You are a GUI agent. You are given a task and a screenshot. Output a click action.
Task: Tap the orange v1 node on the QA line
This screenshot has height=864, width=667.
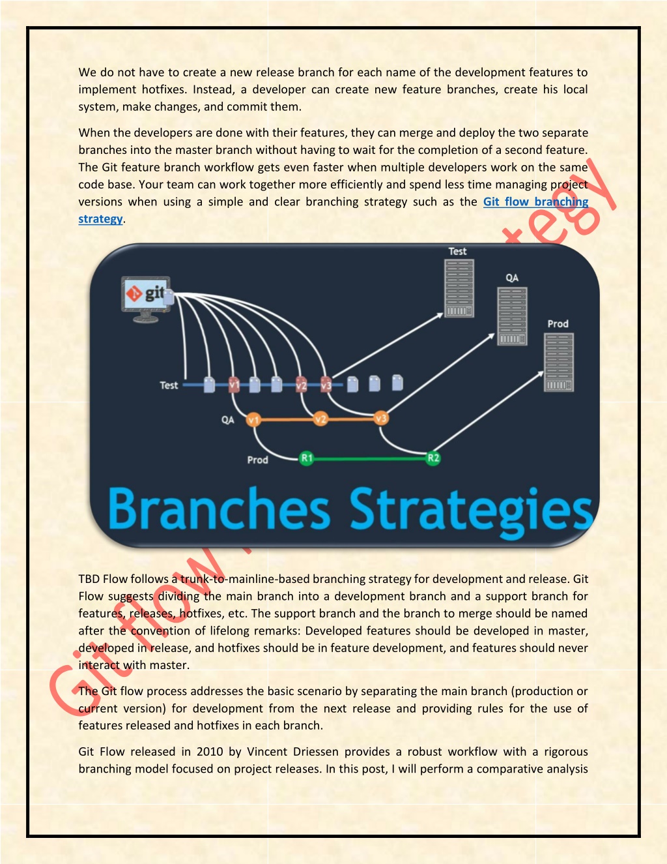pyautogui.click(x=253, y=419)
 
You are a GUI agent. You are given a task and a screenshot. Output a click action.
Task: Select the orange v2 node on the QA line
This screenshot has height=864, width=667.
pyautogui.click(x=320, y=419)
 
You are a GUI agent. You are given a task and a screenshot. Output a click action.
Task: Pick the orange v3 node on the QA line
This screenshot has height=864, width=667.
pyautogui.click(x=381, y=418)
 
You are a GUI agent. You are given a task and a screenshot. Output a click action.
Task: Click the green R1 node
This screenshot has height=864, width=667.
pyautogui.click(x=307, y=458)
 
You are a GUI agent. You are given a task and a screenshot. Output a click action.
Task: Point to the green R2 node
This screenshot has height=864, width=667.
pyautogui.click(x=433, y=458)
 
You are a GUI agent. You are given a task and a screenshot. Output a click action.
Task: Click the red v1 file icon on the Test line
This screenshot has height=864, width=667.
pyautogui.click(x=234, y=385)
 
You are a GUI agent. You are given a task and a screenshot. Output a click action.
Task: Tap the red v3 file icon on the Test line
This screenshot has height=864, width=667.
pyautogui.click(x=326, y=385)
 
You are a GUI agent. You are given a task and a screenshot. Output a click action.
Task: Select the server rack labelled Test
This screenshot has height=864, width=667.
pyautogui.click(x=459, y=288)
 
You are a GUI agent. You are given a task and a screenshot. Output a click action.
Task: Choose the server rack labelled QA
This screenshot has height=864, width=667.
pyautogui.click(x=512, y=316)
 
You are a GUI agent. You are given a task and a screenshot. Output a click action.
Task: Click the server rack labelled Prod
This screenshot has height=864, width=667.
pyautogui.click(x=559, y=362)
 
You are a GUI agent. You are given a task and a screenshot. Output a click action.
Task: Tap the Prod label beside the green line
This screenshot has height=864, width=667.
pyautogui.click(x=258, y=460)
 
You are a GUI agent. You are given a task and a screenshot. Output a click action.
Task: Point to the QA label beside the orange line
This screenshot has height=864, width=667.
pyautogui.click(x=228, y=420)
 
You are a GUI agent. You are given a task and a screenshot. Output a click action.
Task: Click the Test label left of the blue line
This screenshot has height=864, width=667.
pyautogui.click(x=169, y=385)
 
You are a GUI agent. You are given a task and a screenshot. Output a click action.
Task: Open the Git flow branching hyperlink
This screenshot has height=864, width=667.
pyautogui.click(x=535, y=202)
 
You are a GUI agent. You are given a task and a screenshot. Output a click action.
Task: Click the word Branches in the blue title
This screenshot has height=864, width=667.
pyautogui.click(x=219, y=509)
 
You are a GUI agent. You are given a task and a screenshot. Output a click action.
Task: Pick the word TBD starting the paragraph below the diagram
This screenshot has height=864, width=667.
pyautogui.click(x=89, y=579)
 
